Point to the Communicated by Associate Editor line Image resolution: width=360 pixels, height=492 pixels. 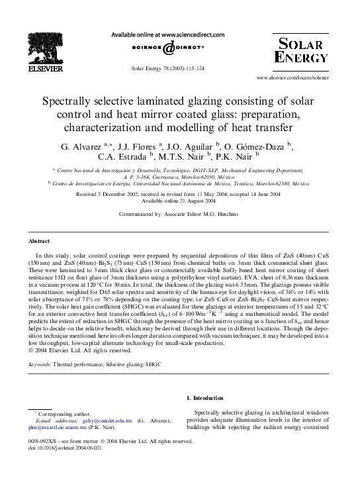coord(179,215)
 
